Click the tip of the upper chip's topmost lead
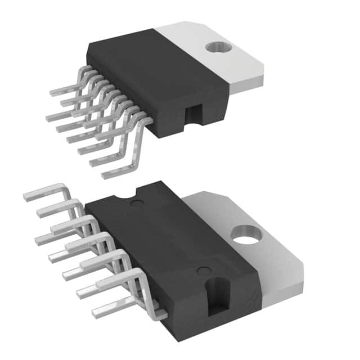point(52,93)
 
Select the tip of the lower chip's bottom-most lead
point(94,314)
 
